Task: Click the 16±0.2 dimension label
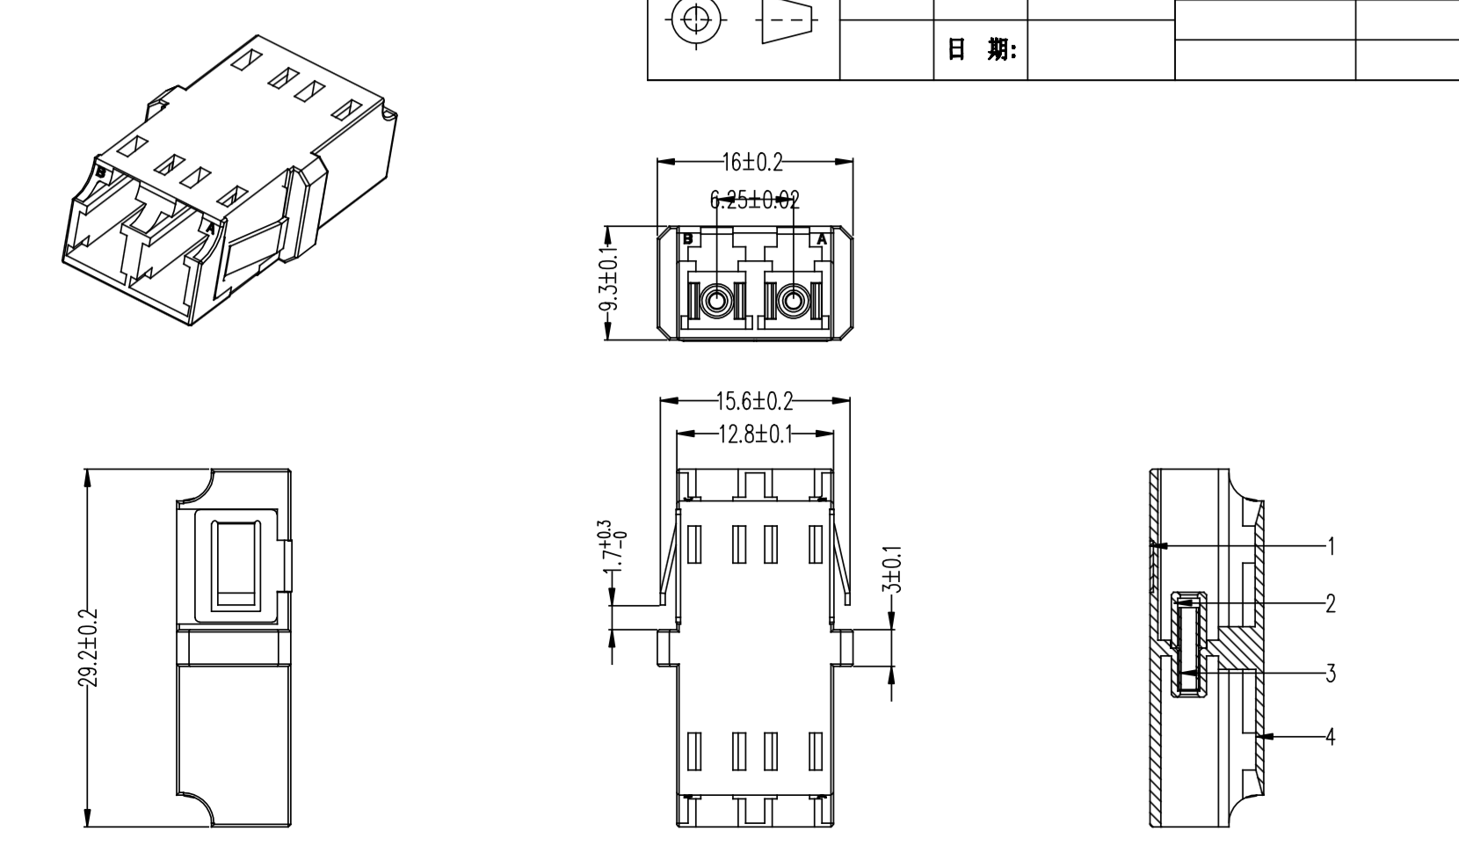click(752, 162)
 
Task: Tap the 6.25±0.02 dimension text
click(754, 200)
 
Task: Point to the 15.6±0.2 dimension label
click(754, 402)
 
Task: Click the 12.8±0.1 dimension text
click(754, 434)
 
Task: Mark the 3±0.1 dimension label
click(893, 570)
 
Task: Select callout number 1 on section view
click(1331, 546)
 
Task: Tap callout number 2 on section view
click(1331, 603)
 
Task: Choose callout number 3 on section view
click(1331, 674)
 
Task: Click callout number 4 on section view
click(1331, 736)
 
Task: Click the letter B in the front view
click(688, 238)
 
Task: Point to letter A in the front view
click(822, 238)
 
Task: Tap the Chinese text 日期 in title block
click(981, 50)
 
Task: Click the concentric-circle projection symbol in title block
click(696, 19)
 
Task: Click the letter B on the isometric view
click(101, 172)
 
